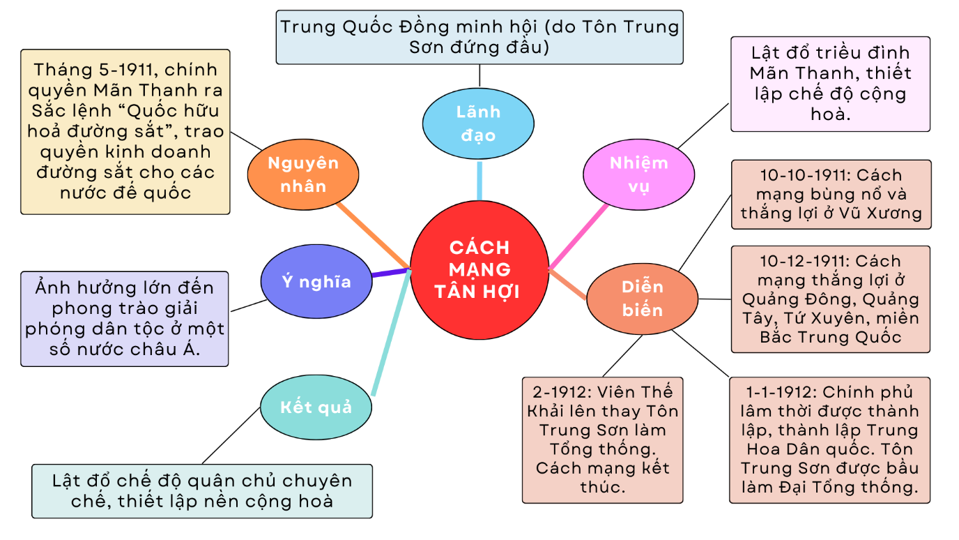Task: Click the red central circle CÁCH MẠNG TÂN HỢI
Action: (x=479, y=269)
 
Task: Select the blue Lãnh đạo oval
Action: (x=478, y=123)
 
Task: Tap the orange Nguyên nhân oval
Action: (x=302, y=174)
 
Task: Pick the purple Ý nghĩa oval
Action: (x=316, y=282)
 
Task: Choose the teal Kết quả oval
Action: (x=316, y=407)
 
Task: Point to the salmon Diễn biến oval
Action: (x=642, y=298)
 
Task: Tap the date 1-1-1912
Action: (x=770, y=392)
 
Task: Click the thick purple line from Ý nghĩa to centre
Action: (x=390, y=273)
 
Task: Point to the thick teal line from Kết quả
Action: (x=390, y=335)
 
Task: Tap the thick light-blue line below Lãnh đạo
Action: (x=479, y=180)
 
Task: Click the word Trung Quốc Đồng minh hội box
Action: (x=479, y=37)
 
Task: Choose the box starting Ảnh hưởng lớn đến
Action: (x=125, y=318)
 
